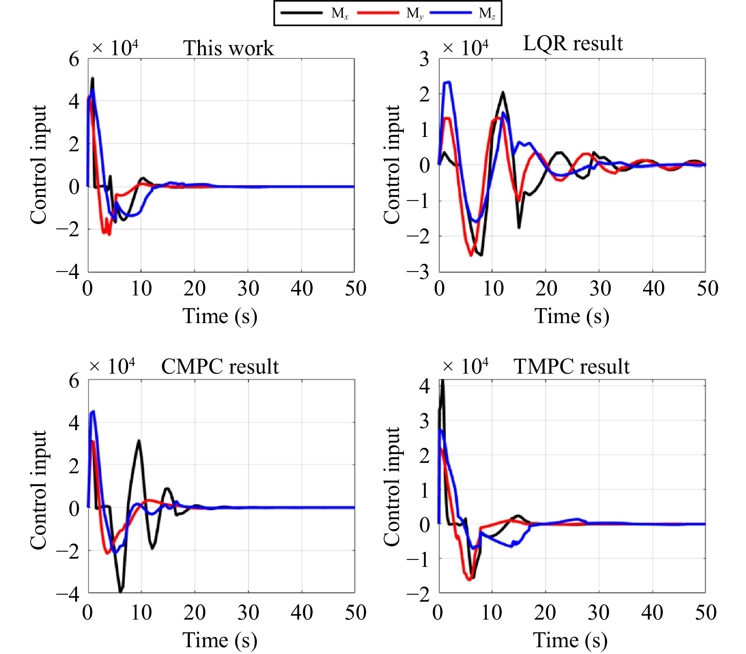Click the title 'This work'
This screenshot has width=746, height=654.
[228, 48]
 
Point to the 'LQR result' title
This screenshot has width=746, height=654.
[573, 43]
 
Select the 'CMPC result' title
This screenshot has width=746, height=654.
[220, 366]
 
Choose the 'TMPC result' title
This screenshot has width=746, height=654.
[571, 366]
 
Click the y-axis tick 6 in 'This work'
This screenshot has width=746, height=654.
[74, 59]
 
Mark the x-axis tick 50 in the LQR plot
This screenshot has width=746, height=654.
[707, 289]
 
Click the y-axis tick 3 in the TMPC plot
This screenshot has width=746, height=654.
[424, 422]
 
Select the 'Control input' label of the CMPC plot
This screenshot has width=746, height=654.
[38, 490]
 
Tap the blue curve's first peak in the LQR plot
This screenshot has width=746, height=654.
[447, 82]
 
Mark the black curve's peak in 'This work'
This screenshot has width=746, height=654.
[92, 78]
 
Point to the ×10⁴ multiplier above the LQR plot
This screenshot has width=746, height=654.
[465, 48]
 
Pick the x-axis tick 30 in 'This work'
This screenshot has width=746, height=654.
[248, 289]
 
